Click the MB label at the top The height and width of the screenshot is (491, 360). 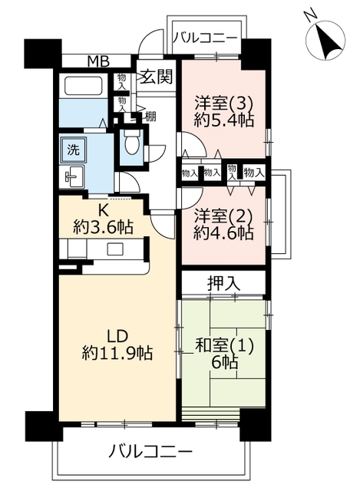(x=98, y=61)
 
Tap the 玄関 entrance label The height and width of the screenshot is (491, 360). (x=156, y=77)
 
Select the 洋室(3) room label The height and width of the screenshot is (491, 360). (x=223, y=103)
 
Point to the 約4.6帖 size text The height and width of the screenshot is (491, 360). (x=223, y=232)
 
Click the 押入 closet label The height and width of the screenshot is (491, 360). (x=223, y=283)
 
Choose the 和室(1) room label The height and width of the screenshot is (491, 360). (x=224, y=346)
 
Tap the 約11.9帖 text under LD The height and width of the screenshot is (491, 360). (x=117, y=353)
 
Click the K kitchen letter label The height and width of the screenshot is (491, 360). (x=103, y=211)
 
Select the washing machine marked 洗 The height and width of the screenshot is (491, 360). (x=74, y=150)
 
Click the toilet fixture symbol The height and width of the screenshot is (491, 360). (x=131, y=142)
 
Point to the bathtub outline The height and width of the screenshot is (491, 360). (x=84, y=85)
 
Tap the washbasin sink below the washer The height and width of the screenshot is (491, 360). (x=73, y=177)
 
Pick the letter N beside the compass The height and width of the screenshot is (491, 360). (x=311, y=16)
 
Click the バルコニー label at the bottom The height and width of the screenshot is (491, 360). (x=150, y=452)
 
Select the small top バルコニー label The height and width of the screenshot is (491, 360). (x=206, y=38)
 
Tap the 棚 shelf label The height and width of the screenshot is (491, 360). (x=150, y=117)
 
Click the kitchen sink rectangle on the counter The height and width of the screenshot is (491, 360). (x=115, y=249)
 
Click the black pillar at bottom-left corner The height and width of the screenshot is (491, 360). (x=45, y=426)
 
